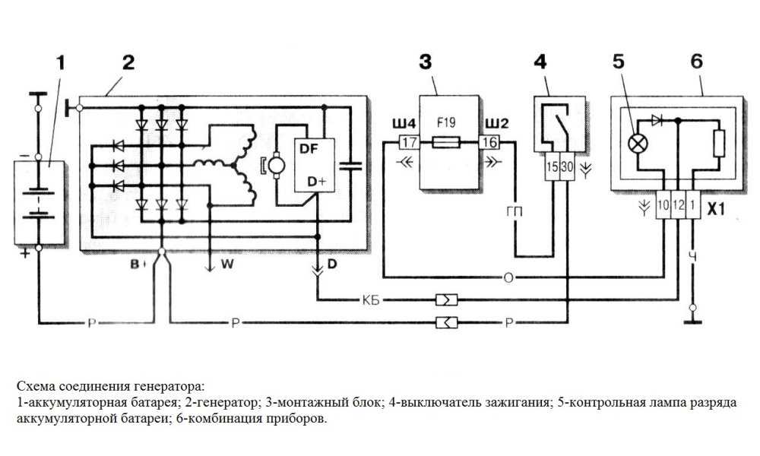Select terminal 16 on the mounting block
pos(489,142)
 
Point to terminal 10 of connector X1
pos(663,205)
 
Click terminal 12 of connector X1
pos(678,205)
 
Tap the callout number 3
pos(427,62)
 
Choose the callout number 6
pos(696,62)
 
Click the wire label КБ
pos(372,299)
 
